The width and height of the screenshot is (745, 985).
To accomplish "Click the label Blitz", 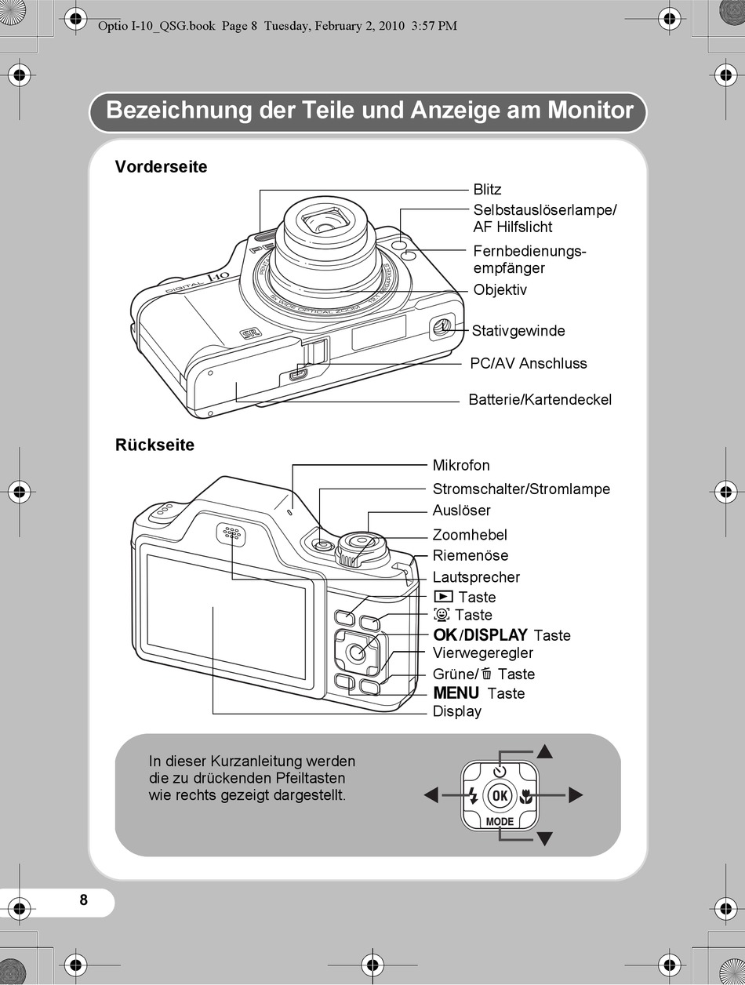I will [487, 190].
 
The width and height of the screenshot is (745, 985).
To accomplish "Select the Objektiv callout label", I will [500, 290].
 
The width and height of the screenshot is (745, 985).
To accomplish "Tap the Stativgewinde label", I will [518, 331].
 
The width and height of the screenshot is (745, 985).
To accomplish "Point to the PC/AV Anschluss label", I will [528, 363].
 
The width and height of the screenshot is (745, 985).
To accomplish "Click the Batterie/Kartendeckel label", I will [540, 400].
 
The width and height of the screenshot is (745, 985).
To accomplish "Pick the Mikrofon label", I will [461, 466].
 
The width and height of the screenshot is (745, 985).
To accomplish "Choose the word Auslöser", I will [461, 511].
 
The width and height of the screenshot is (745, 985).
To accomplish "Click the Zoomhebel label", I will [470, 535].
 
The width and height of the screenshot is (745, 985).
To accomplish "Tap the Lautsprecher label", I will [476, 577].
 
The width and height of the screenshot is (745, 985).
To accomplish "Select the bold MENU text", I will [456, 693].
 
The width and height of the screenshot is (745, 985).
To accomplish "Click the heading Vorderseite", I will [161, 167].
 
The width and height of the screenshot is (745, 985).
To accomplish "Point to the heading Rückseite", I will [154, 445].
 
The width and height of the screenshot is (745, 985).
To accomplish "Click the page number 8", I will [84, 900].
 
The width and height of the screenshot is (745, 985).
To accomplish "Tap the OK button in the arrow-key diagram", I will [500, 796].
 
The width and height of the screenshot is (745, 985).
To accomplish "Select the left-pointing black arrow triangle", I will [431, 796].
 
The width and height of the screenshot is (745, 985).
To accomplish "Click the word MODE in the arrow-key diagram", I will [500, 822].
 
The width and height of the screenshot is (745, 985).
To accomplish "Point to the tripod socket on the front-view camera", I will [442, 325].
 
